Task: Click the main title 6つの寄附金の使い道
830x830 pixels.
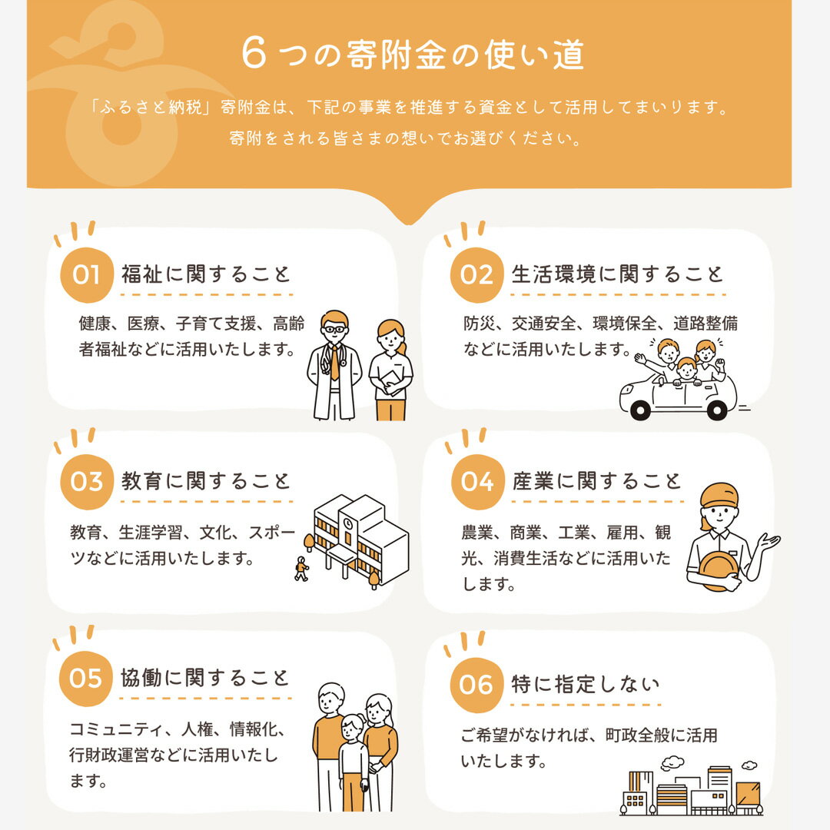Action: [x=413, y=55]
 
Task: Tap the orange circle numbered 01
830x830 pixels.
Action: [x=86, y=274]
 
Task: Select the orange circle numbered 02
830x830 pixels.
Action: [x=476, y=274]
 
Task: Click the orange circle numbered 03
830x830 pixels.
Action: [x=86, y=482]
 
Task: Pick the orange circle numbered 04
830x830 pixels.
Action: [x=476, y=482]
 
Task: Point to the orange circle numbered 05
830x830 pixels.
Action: [x=86, y=679]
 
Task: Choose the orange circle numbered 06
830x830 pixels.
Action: [x=476, y=684]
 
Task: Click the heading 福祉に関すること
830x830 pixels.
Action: [x=206, y=274]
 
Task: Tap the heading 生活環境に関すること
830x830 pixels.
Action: [x=618, y=274]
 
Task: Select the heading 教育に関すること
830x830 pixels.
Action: [x=206, y=482]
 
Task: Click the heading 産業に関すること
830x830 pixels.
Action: [x=596, y=482]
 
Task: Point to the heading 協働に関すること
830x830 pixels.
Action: [x=206, y=679]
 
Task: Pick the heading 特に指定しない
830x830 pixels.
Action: [x=586, y=684]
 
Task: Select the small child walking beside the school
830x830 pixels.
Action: [x=301, y=569]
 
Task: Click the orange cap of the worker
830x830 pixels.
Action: [x=719, y=494]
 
